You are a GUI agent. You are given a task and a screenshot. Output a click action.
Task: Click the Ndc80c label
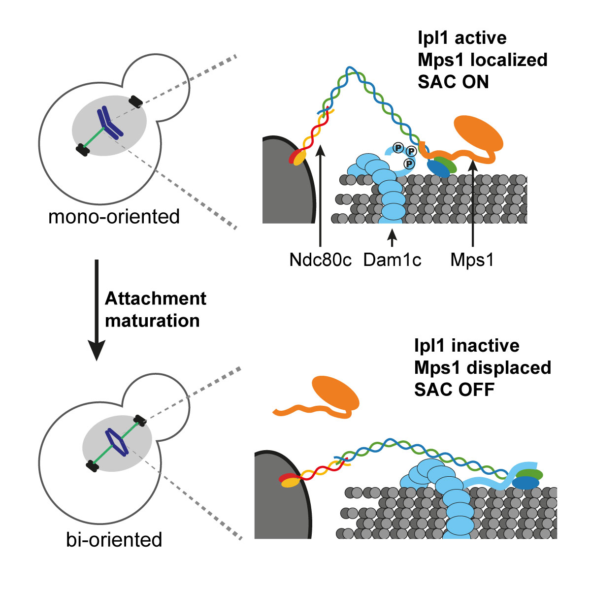click(321, 260)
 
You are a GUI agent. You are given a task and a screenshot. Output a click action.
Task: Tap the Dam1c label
click(392, 260)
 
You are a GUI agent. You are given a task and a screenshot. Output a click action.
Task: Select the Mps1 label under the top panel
click(472, 260)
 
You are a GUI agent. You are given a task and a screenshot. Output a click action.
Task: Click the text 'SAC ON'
click(453, 82)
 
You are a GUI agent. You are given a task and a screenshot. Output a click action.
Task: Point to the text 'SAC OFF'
click(454, 390)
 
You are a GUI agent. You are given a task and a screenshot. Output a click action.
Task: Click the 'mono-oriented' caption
click(114, 216)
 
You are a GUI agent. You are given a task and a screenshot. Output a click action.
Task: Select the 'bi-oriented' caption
click(114, 539)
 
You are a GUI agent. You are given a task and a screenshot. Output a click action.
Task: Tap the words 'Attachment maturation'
click(155, 309)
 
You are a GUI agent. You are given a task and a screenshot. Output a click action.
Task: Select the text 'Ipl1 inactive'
click(466, 345)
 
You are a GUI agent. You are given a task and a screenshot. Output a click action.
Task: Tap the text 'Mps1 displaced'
click(482, 367)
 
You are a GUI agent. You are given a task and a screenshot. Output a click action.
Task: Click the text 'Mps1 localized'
click(482, 60)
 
